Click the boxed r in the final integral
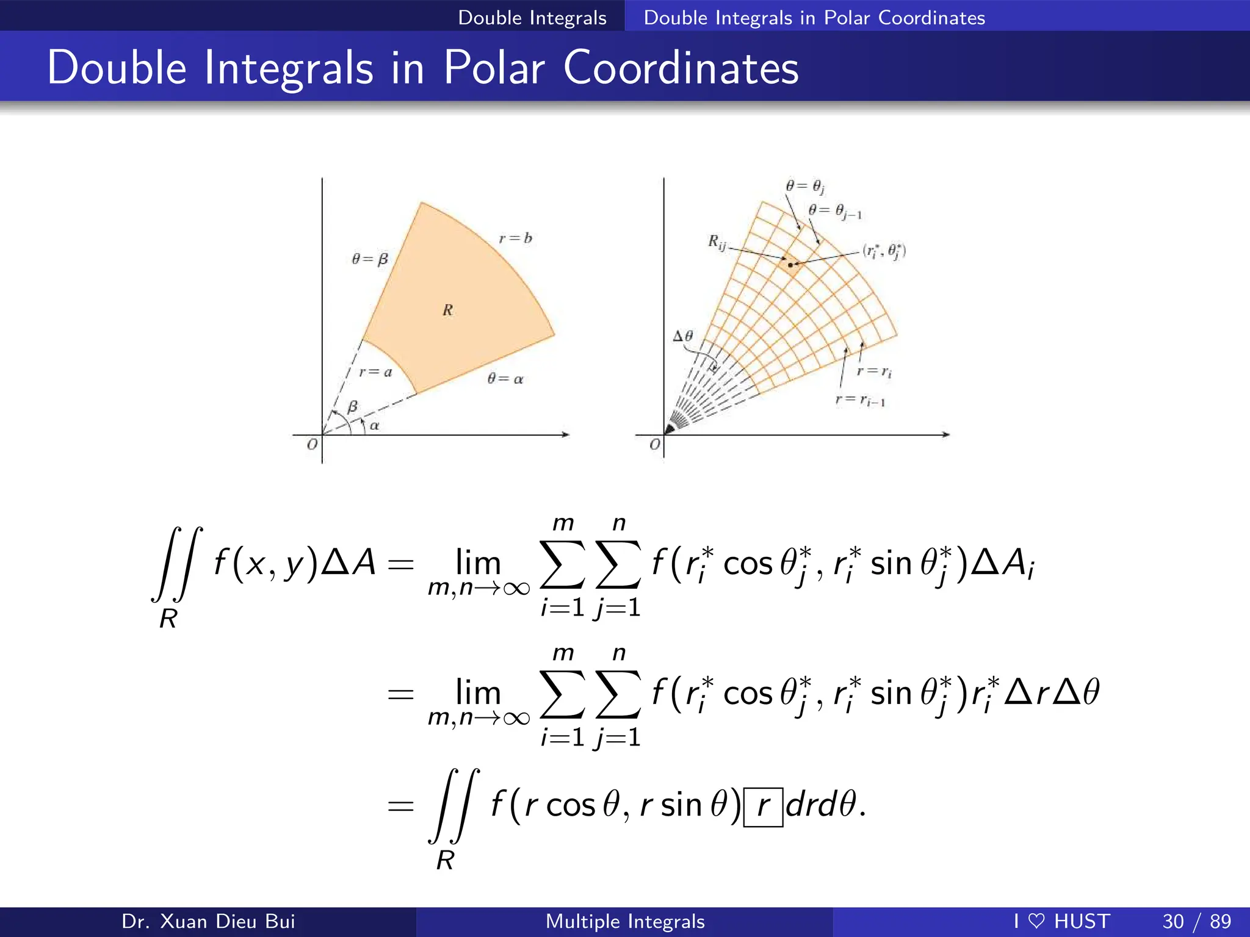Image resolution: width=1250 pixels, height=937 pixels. (763, 806)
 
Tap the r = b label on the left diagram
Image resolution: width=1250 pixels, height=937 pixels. (515, 238)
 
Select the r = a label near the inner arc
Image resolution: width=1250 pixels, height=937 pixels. (375, 372)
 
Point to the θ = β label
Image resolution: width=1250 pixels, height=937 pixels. (370, 259)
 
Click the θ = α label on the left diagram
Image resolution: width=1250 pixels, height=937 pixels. (505, 379)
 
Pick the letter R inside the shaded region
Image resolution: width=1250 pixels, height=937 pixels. (448, 310)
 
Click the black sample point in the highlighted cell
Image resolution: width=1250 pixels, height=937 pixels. (790, 265)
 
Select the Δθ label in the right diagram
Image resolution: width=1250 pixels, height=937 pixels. (683, 336)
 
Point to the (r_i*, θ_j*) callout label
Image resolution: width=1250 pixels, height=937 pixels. (884, 251)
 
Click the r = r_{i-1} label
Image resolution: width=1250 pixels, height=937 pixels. (860, 400)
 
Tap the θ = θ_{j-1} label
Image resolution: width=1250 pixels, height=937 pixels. (835, 212)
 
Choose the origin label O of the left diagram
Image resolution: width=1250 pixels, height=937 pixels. (312, 444)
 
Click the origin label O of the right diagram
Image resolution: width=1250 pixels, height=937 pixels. (655, 444)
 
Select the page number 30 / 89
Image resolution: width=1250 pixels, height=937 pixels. (1196, 921)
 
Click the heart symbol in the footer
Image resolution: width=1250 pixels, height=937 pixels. (1036, 921)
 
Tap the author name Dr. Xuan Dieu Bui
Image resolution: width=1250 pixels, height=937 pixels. (208, 921)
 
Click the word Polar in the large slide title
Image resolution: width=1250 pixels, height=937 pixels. (493, 68)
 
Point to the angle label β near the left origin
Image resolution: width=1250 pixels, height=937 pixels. (352, 407)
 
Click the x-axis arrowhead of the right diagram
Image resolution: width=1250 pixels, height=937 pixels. (947, 434)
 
